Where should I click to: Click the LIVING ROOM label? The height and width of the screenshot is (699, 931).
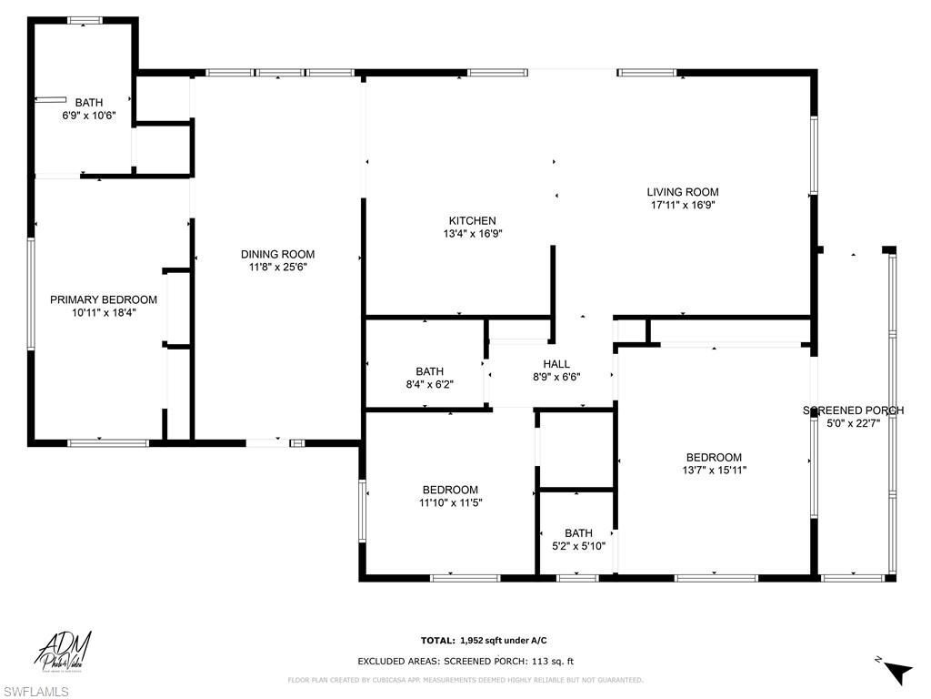coord(682,192)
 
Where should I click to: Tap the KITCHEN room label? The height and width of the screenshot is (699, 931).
coord(472,220)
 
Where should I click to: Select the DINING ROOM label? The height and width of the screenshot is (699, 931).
coord(277,254)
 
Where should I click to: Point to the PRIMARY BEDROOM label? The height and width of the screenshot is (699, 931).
coord(103,299)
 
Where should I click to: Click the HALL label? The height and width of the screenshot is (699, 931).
coord(556,363)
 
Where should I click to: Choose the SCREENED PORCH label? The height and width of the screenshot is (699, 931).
coord(853,410)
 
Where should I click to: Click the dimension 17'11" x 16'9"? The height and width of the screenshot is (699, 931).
coord(682,205)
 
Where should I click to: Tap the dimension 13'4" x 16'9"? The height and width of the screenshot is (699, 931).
coord(472,233)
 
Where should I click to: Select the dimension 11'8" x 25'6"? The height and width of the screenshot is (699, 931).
coord(277,267)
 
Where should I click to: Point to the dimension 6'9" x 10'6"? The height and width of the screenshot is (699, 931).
coord(89,116)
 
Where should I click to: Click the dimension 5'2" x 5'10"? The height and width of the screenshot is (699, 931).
coord(578,546)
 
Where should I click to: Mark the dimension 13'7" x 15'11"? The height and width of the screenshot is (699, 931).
coord(713,471)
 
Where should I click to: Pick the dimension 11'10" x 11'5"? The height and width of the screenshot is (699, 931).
coord(449,502)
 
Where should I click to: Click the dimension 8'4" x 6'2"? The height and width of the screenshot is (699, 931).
coord(429,384)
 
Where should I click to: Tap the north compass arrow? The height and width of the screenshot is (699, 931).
coord(897,671)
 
